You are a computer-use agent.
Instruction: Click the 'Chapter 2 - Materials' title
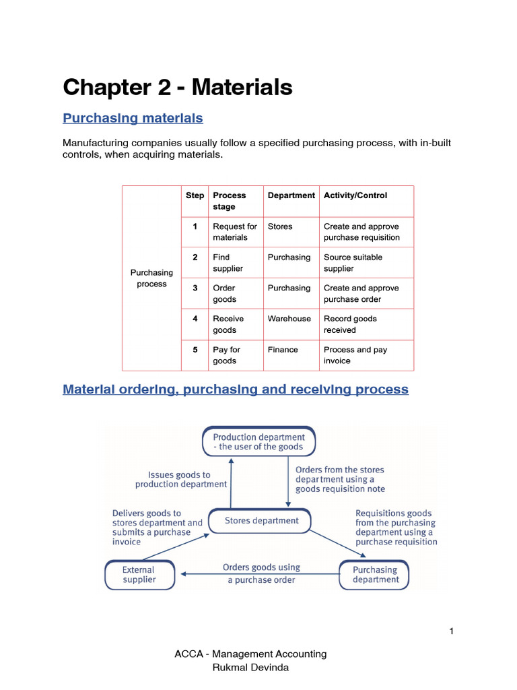178,87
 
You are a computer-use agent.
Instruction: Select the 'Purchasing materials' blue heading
133,119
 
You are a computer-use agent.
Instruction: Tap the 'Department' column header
291,195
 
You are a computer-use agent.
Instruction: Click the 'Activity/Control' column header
355,195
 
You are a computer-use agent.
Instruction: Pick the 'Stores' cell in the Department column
280,227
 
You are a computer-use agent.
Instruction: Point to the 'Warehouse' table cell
289,319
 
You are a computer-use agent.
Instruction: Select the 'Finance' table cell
283,350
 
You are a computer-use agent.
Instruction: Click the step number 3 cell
195,288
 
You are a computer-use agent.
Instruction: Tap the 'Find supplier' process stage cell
228,263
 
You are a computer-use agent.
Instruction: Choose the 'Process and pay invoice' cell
355,355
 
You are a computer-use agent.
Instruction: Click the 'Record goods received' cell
350,324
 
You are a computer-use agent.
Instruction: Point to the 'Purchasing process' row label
151,278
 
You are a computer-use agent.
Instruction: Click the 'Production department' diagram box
259,441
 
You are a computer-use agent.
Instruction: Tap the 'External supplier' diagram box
139,575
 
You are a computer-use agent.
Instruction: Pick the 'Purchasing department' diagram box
375,575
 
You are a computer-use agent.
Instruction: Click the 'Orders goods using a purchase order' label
261,573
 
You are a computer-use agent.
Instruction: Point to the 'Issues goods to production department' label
181,479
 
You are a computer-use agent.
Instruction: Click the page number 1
452,631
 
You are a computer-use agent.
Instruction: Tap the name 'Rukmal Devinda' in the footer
250,667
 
